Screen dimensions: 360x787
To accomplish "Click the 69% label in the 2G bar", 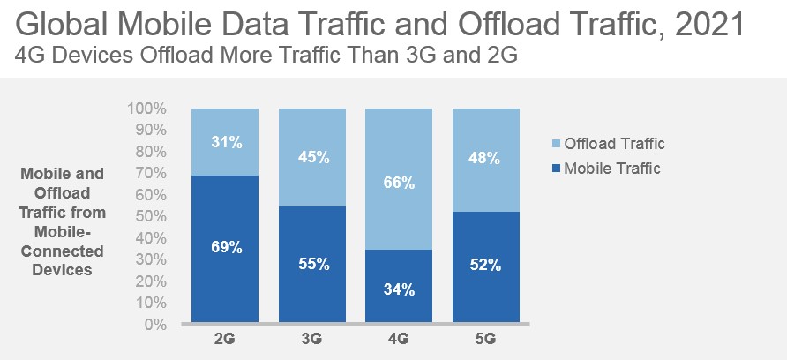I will click(226, 247).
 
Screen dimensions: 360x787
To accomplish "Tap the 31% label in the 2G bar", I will click(226, 140).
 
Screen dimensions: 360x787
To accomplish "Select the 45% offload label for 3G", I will click(313, 157).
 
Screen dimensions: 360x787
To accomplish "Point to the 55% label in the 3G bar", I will click(313, 264).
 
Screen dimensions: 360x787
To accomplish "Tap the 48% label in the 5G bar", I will click(485, 160).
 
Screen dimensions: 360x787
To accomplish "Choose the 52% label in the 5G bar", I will click(485, 265).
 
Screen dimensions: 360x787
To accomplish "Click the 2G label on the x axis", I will click(226, 338).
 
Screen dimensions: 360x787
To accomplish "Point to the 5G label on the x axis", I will click(485, 338).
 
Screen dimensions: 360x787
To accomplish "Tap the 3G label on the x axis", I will click(313, 338).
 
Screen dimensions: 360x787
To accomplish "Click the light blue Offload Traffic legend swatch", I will click(552, 144).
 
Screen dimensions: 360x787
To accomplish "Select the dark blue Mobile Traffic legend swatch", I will click(552, 169).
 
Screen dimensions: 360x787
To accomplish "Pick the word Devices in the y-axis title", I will click(62, 270).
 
